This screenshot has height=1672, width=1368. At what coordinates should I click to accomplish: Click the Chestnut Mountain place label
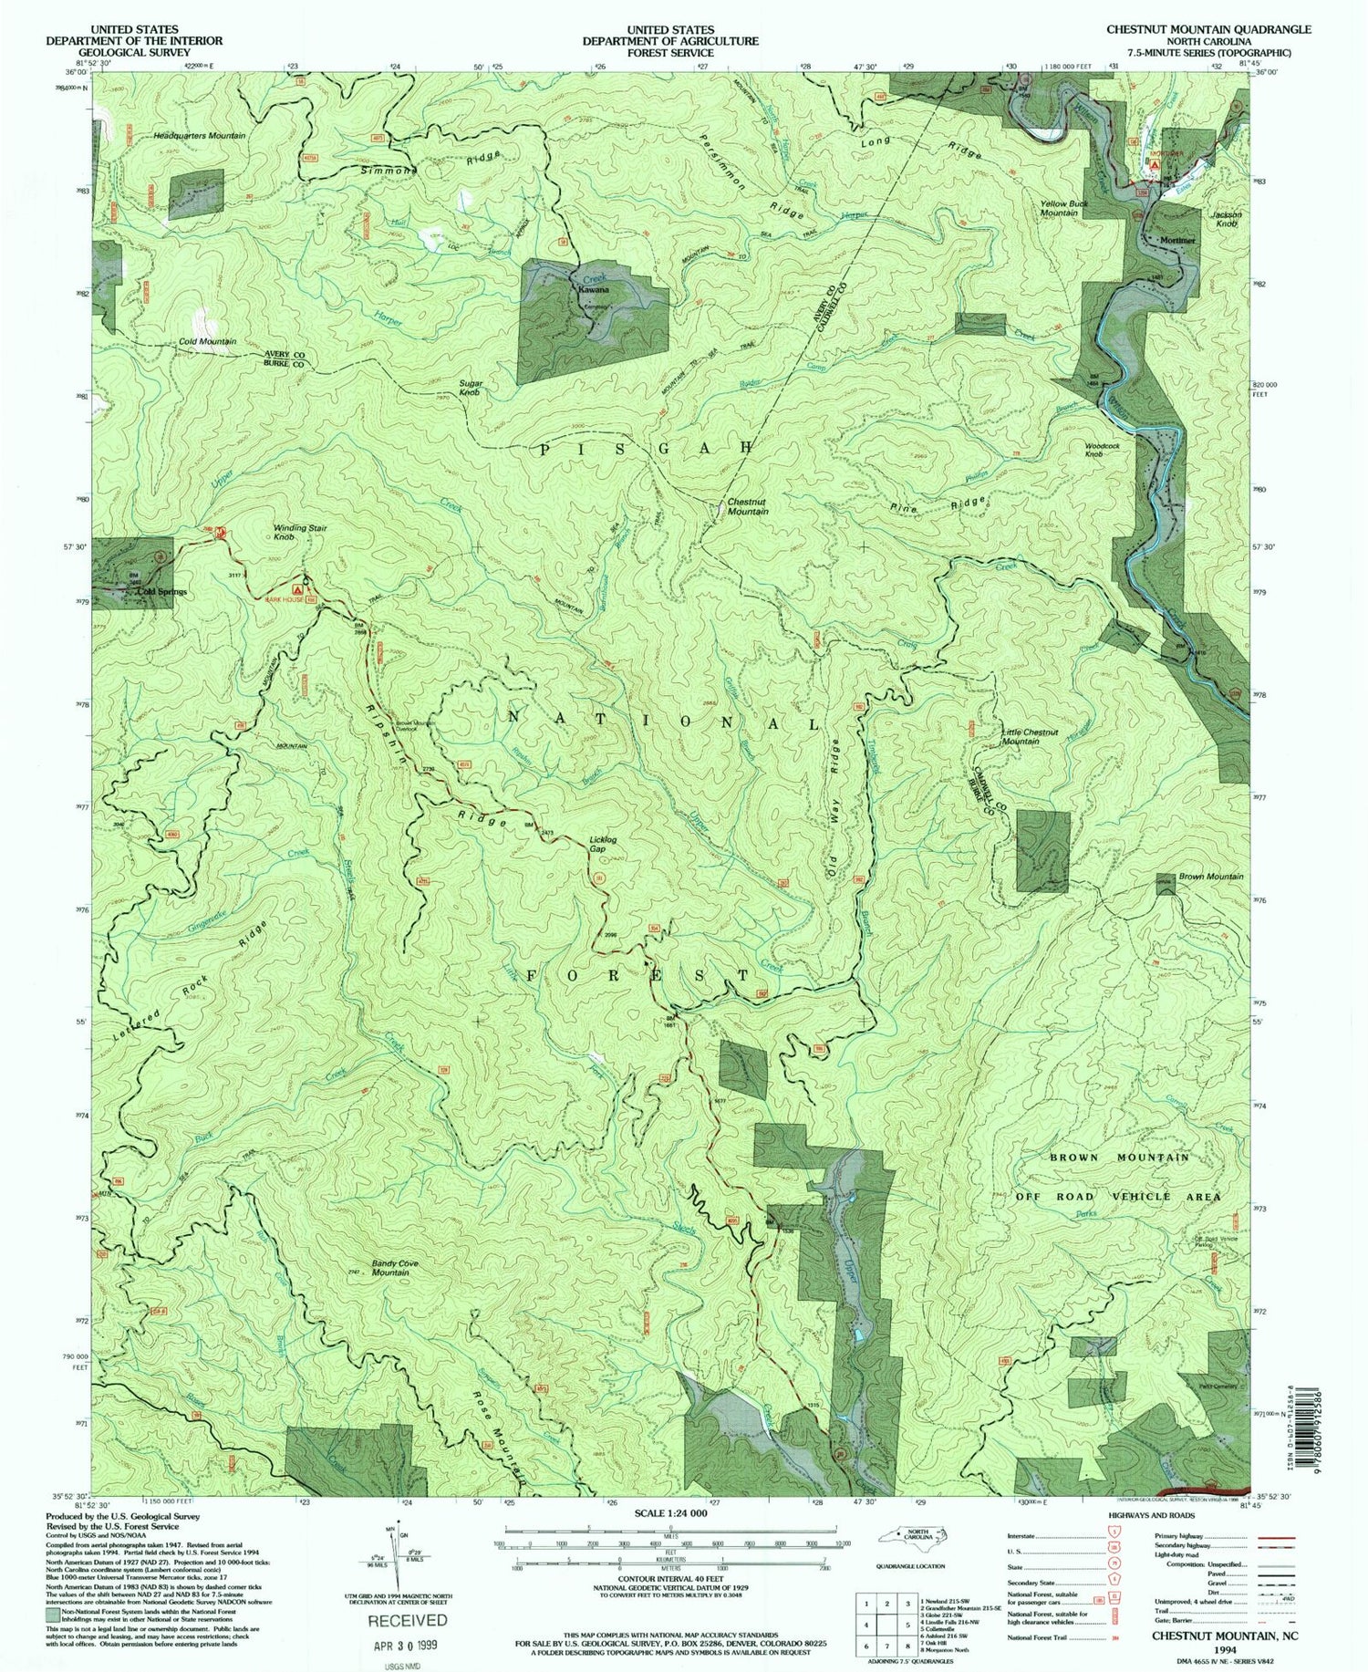coord(747,507)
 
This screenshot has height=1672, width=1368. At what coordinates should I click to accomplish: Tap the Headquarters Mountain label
coord(199,136)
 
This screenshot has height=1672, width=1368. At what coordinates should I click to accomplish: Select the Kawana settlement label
coord(593,289)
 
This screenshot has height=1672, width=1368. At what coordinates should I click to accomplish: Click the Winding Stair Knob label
coord(299,533)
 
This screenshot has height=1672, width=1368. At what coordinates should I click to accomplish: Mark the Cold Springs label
coord(161,591)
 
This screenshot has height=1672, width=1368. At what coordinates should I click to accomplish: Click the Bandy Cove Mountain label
coord(395,1268)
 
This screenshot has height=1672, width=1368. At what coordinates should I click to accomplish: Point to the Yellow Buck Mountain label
coord(1058,208)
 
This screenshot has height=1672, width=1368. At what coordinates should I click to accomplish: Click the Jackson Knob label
coord(1224,219)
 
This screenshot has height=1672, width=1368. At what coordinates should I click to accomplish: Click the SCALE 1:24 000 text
coord(669,1512)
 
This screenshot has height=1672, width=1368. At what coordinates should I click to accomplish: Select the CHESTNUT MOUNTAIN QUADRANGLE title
coord(1208,29)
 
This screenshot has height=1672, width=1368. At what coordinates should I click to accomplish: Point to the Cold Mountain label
coord(207,342)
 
